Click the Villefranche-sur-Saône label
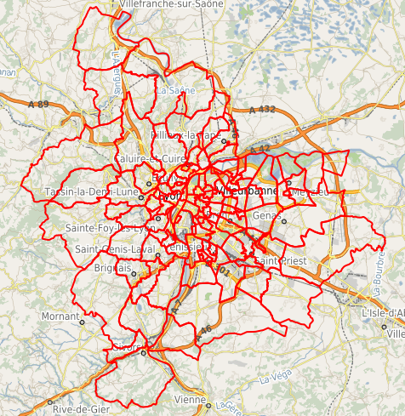(172, 4)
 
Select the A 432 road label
(263, 110)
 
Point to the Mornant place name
(60, 316)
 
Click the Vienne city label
(190, 399)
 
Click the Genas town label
(267, 215)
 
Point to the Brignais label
(111, 266)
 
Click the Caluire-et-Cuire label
(150, 159)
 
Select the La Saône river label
(176, 88)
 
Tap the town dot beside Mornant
(83, 322)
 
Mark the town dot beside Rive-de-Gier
(50, 402)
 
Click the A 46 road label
(202, 329)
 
